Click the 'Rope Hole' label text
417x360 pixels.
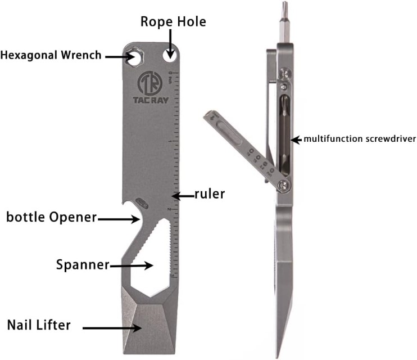pyautogui.click(x=173, y=22)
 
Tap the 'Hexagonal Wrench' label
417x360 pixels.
pyautogui.click(x=51, y=55)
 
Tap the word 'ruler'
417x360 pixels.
pyautogui.click(x=209, y=195)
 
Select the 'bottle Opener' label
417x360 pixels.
pyautogui.click(x=51, y=217)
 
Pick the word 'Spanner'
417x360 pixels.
pyautogui.click(x=83, y=264)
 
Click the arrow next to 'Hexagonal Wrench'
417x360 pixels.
pyautogui.click(x=117, y=56)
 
